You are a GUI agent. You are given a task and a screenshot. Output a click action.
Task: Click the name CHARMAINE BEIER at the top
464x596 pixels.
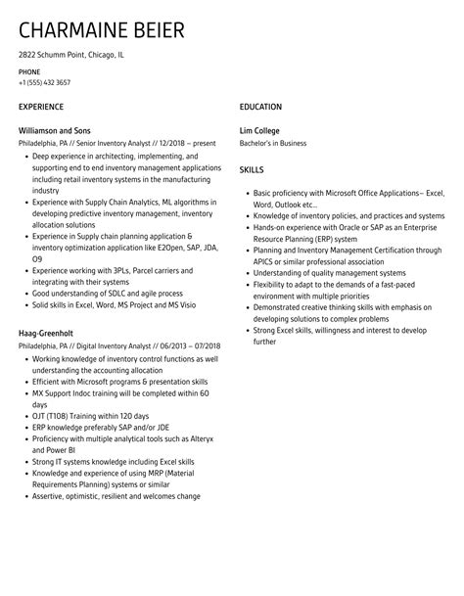click(x=101, y=30)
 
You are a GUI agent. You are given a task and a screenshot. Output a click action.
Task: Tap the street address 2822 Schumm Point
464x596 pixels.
click(x=56, y=55)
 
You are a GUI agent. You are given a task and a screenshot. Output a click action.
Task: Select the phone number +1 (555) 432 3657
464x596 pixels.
click(x=44, y=82)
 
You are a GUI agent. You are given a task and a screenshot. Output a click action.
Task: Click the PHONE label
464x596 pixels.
click(x=29, y=72)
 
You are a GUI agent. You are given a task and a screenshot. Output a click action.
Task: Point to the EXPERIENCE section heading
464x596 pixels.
click(x=41, y=107)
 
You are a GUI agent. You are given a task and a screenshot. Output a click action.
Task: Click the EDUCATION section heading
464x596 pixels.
click(x=260, y=107)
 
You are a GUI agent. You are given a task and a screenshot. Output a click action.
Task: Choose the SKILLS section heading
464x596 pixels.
click(x=252, y=169)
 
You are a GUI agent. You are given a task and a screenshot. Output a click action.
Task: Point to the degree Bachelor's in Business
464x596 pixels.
click(x=273, y=143)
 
